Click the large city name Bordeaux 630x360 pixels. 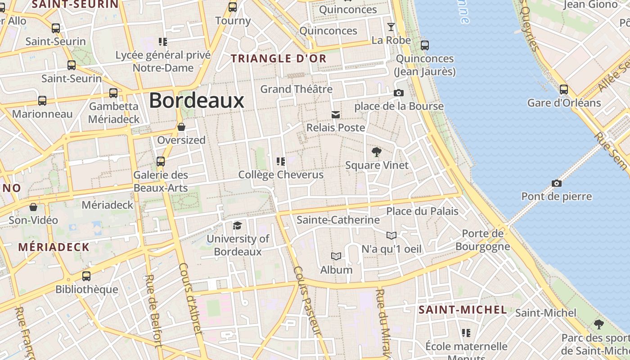pyautogui.click(x=197, y=100)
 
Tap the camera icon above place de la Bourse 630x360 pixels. pyautogui.click(x=399, y=93)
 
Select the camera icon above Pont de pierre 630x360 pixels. pyautogui.click(x=557, y=183)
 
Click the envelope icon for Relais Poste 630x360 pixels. pyautogui.click(x=336, y=114)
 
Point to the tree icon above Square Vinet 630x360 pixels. pyautogui.click(x=377, y=152)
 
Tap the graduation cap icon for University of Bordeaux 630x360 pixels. pyautogui.click(x=237, y=225)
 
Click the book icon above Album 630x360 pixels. pyautogui.click(x=336, y=256)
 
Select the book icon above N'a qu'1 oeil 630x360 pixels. pyautogui.click(x=391, y=235)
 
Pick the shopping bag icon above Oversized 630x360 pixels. pyautogui.click(x=181, y=127)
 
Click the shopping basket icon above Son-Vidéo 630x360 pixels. pyautogui.click(x=33, y=207)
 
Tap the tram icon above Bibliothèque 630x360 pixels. pyautogui.click(x=86, y=276)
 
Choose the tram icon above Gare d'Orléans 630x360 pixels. pyautogui.click(x=564, y=89)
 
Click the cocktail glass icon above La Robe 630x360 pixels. pyautogui.click(x=391, y=27)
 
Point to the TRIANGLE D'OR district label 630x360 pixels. pyautogui.click(x=279, y=58)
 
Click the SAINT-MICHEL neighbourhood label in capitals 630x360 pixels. pyautogui.click(x=463, y=310)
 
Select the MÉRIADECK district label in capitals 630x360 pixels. pyautogui.click(x=54, y=247)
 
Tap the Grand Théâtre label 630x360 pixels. pyautogui.click(x=297, y=89)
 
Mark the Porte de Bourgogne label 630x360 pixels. pyautogui.click(x=483, y=240)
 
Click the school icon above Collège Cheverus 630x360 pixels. pyautogui.click(x=281, y=161)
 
